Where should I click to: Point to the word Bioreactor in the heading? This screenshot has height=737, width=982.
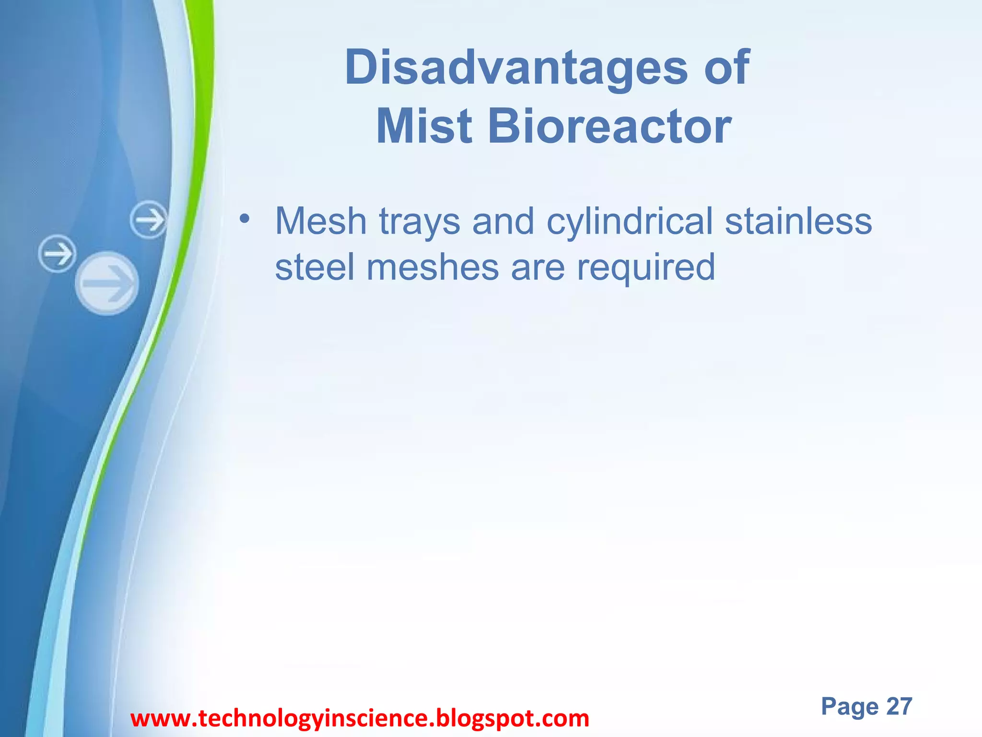coord(609,126)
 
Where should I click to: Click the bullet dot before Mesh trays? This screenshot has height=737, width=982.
coord(245,218)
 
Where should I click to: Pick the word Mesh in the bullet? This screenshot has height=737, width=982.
coord(321,221)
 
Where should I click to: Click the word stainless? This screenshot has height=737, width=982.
coord(798,221)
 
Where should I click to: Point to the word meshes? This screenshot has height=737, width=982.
coord(433,267)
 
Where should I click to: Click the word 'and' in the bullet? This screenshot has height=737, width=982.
coord(503,221)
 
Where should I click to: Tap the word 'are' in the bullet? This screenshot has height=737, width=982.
coord(538,268)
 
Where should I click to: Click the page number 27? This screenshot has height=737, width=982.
coord(899,706)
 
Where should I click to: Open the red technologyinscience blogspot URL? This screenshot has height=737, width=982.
coord(360,719)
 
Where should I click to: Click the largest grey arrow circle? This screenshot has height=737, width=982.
coord(107,283)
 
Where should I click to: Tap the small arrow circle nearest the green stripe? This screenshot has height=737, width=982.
coord(149,220)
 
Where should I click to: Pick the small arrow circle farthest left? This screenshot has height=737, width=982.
coord(57,253)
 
